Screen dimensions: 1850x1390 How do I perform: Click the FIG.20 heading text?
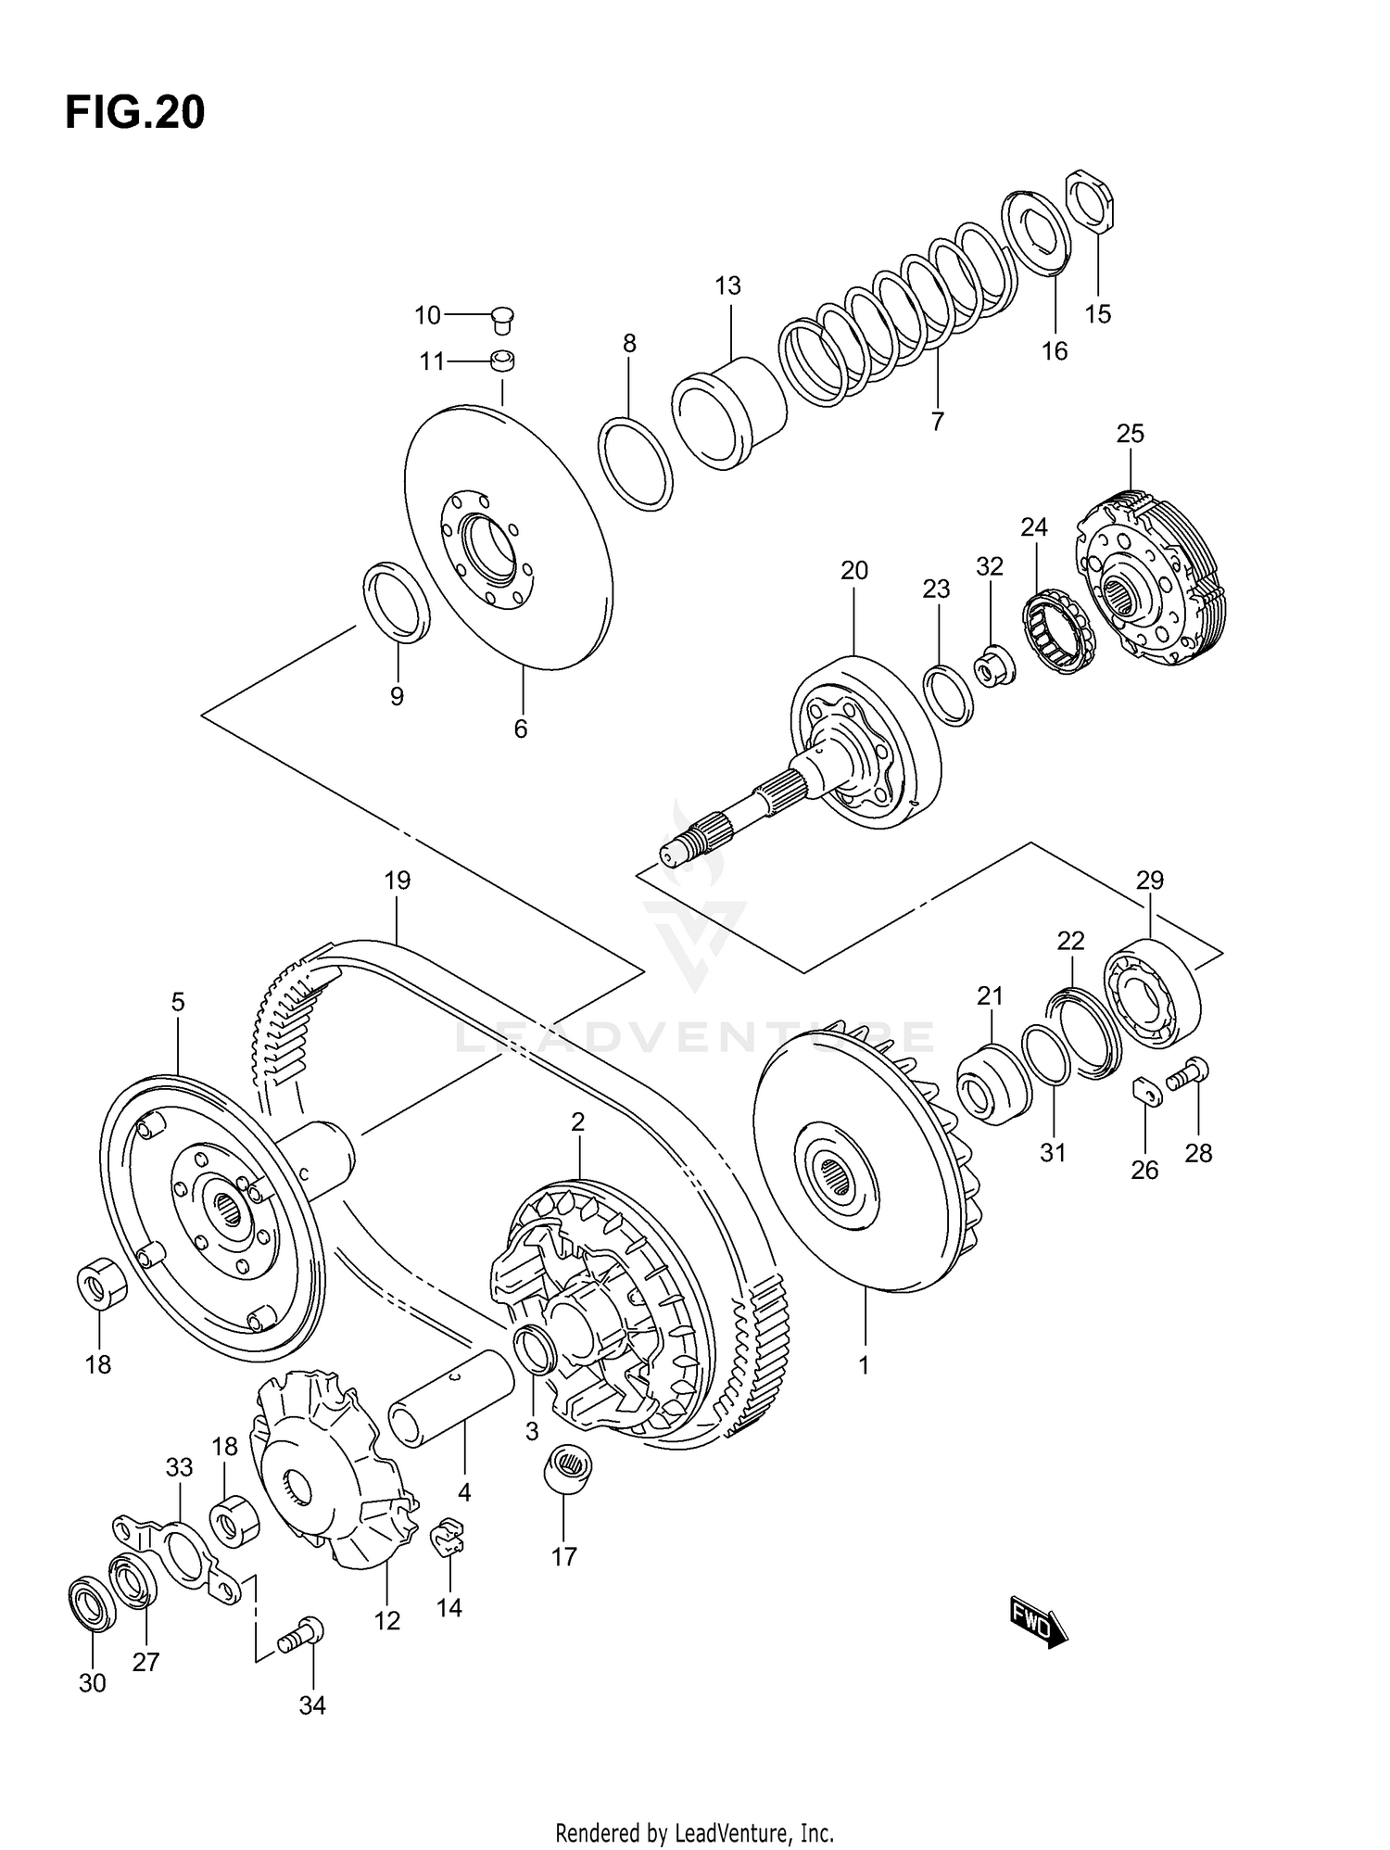(135, 113)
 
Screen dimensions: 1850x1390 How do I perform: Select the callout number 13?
(727, 286)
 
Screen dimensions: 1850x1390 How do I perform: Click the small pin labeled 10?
(503, 318)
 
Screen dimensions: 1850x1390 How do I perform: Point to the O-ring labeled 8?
(635, 463)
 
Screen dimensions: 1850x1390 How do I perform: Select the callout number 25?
(1130, 434)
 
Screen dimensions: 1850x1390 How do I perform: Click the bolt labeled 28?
(1188, 1075)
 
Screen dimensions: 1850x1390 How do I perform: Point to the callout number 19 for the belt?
(398, 881)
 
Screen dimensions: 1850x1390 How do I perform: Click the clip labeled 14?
(448, 1539)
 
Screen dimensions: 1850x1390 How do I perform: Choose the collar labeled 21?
(992, 1084)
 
